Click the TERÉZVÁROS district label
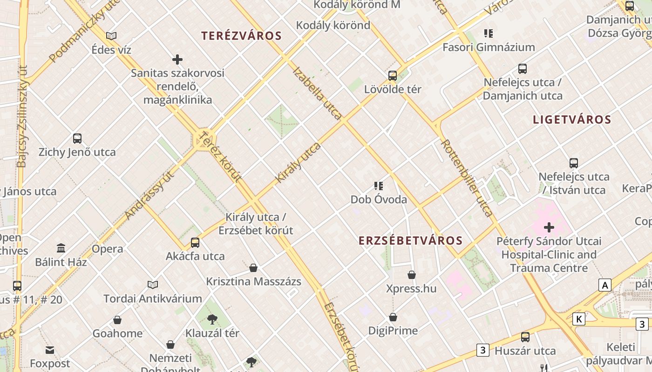(x=241, y=36)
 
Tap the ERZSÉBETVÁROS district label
(x=410, y=240)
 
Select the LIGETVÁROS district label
(x=572, y=120)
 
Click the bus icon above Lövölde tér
(x=393, y=75)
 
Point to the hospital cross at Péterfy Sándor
(x=549, y=227)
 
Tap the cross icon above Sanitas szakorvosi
(x=177, y=60)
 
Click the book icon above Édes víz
(x=111, y=36)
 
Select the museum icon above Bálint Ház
(x=61, y=248)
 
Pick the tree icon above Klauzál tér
(x=212, y=319)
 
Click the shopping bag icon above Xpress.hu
(x=412, y=275)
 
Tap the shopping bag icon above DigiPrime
(x=393, y=317)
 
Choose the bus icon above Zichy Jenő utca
(x=77, y=138)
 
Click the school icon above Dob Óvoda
(x=379, y=186)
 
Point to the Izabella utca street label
(x=317, y=93)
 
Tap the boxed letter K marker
(x=578, y=319)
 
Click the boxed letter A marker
(x=605, y=285)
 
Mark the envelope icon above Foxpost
(x=50, y=350)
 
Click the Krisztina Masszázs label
(x=253, y=281)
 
